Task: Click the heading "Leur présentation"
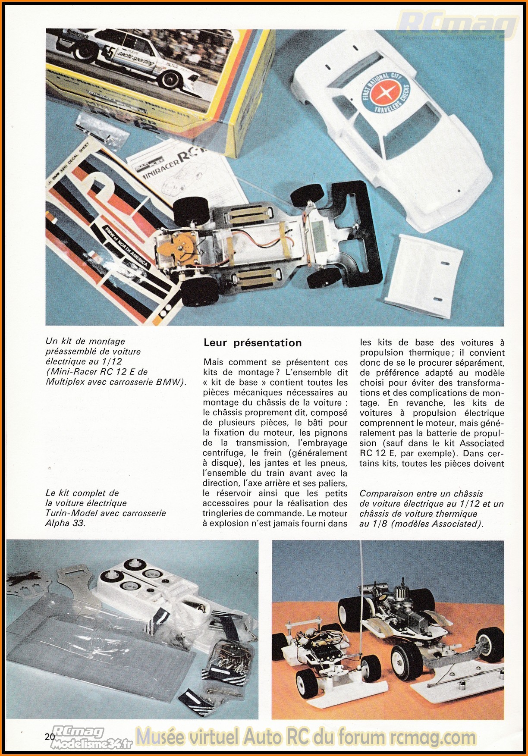(x=252, y=343)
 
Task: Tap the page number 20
(x=49, y=737)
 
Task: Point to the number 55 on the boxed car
(x=108, y=53)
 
